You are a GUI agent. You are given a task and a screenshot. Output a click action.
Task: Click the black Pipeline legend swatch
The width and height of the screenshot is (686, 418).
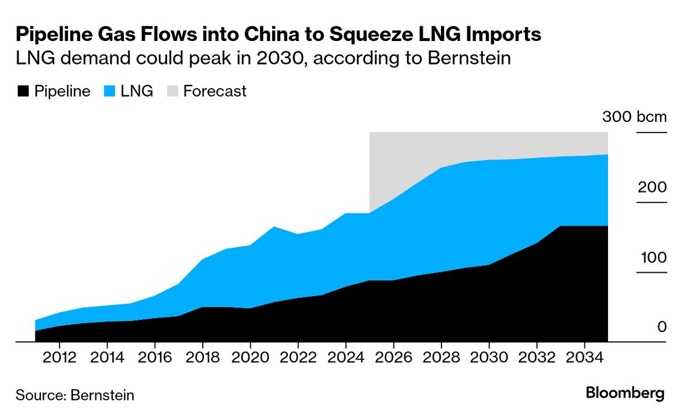tap(22, 92)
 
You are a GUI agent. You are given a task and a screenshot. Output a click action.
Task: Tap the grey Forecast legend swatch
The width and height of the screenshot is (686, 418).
tap(172, 92)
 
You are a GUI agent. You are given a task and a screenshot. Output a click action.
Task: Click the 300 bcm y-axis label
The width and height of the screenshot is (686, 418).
tap(634, 117)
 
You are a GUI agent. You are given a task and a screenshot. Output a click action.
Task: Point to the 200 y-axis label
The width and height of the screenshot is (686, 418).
tap(652, 187)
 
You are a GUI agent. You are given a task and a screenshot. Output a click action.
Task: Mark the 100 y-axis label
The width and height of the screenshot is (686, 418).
tap(652, 257)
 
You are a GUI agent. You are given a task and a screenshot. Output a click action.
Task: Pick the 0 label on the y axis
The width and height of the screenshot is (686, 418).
tap(662, 327)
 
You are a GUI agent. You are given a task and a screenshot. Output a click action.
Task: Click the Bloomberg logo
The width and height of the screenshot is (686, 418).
tap(625, 393)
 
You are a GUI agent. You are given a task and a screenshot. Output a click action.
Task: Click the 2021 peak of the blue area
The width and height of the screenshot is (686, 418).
tap(274, 227)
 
